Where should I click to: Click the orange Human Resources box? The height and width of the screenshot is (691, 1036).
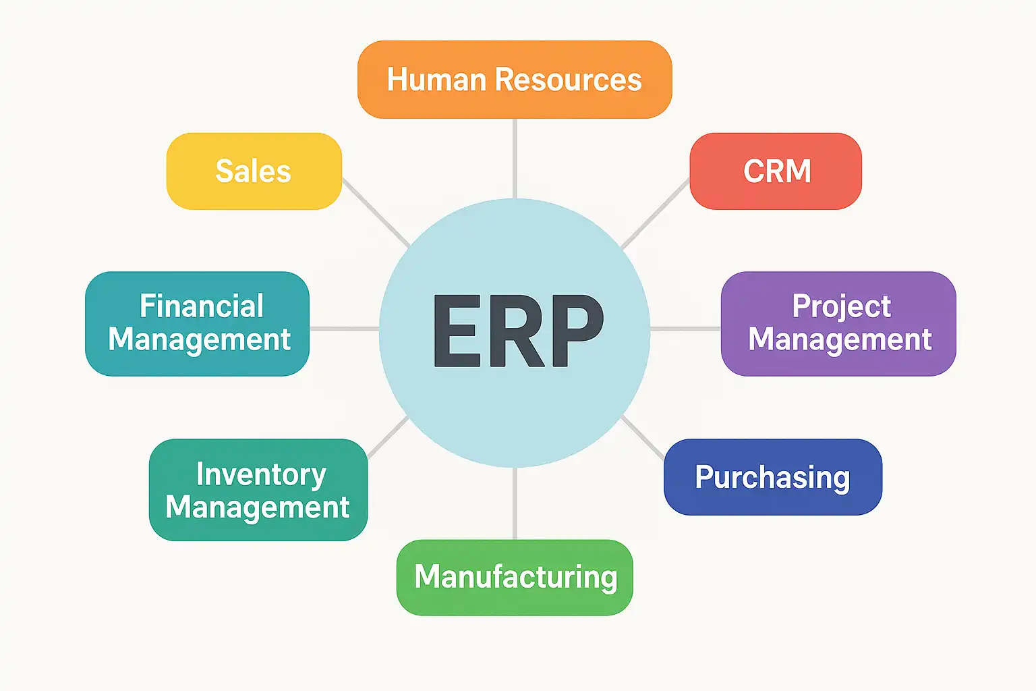[514, 80]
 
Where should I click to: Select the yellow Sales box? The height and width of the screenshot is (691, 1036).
[254, 171]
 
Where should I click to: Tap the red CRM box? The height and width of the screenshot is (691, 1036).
[776, 171]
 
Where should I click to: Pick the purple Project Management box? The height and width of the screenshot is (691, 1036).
[838, 323]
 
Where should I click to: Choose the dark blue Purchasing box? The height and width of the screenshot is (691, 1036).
[773, 477]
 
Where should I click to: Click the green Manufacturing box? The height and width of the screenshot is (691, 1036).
[515, 577]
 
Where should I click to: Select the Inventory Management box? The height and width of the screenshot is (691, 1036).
[258, 490]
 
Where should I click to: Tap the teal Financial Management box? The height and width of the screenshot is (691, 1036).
[197, 323]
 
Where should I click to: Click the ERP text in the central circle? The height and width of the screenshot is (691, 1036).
[518, 331]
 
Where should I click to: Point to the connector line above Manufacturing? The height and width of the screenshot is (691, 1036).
[515, 503]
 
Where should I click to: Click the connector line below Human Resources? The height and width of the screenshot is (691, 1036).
[515, 158]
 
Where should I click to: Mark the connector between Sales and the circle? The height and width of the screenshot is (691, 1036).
[376, 212]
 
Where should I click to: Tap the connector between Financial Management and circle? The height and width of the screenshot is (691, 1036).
[344, 329]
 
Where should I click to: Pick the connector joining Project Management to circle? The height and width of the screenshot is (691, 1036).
[685, 329]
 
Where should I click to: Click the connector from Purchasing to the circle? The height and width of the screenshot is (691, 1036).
[643, 437]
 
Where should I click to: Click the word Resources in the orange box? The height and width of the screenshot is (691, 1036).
[568, 80]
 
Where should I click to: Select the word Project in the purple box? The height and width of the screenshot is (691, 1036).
[841, 306]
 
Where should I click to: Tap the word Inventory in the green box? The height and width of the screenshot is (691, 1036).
[261, 474]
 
